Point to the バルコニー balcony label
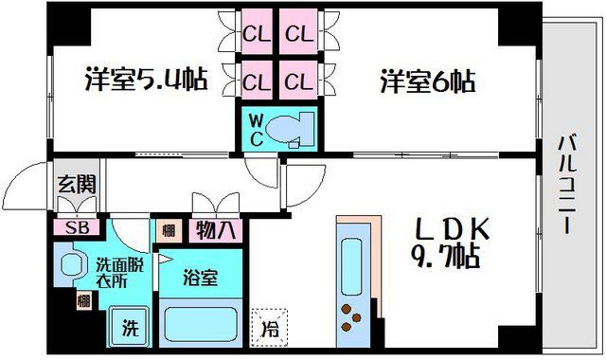click(567, 185)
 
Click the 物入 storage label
click(218, 228)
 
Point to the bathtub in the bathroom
click(199, 324)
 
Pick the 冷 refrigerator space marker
click(269, 327)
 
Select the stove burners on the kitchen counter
click(356, 317)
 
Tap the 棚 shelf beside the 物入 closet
click(168, 228)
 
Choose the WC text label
click(256, 128)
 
